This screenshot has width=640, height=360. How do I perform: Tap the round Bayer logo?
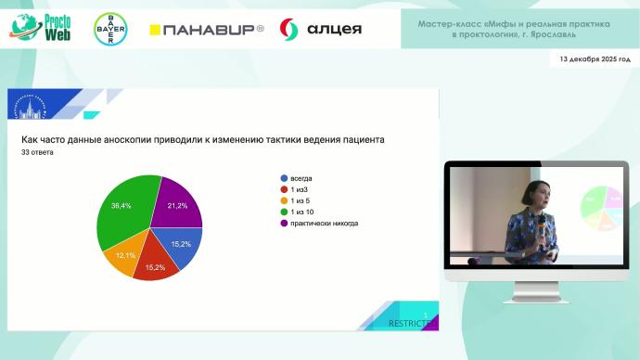[x=111, y=30]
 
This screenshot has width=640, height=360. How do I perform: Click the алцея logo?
[x=321, y=30]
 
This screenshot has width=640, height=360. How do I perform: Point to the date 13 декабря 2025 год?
[x=595, y=58]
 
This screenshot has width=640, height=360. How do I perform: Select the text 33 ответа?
[x=37, y=152]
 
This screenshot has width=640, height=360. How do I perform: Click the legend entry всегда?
[x=303, y=177]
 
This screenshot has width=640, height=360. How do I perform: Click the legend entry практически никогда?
[x=324, y=224]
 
